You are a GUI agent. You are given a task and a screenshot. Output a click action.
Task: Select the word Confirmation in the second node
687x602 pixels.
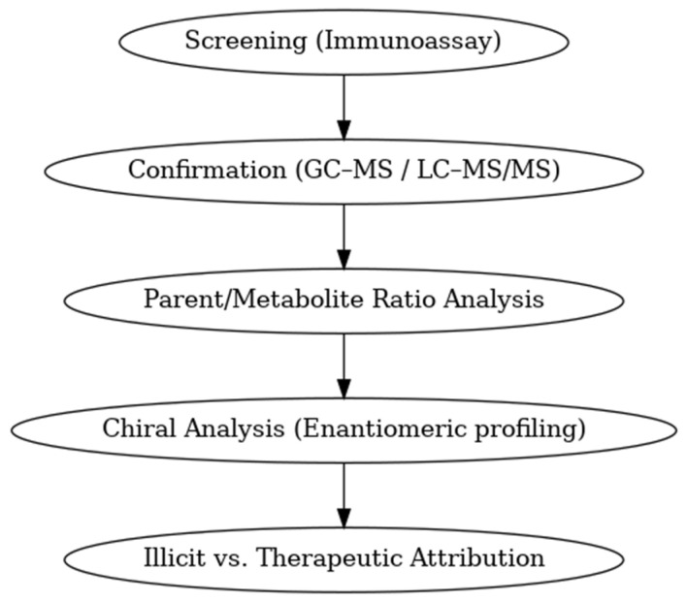click(x=206, y=171)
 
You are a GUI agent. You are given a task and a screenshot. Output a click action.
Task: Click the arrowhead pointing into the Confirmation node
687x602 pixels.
click(x=343, y=129)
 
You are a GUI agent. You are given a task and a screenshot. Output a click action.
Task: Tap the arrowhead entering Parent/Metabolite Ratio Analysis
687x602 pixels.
click(x=343, y=258)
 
